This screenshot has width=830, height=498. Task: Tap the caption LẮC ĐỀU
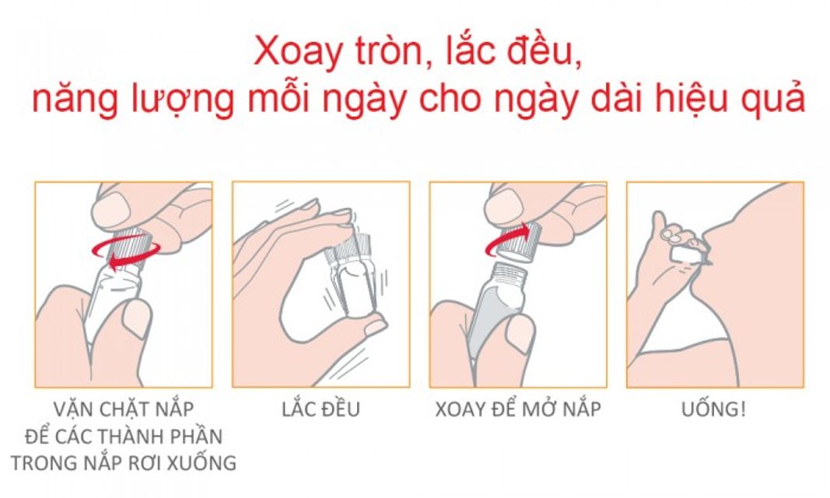tap(320, 409)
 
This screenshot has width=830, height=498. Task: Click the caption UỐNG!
tap(714, 409)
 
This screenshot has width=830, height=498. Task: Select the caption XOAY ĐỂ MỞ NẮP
tap(518, 409)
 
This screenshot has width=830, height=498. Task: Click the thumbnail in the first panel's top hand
tap(112, 209)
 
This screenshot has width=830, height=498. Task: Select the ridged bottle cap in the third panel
tap(520, 241)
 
